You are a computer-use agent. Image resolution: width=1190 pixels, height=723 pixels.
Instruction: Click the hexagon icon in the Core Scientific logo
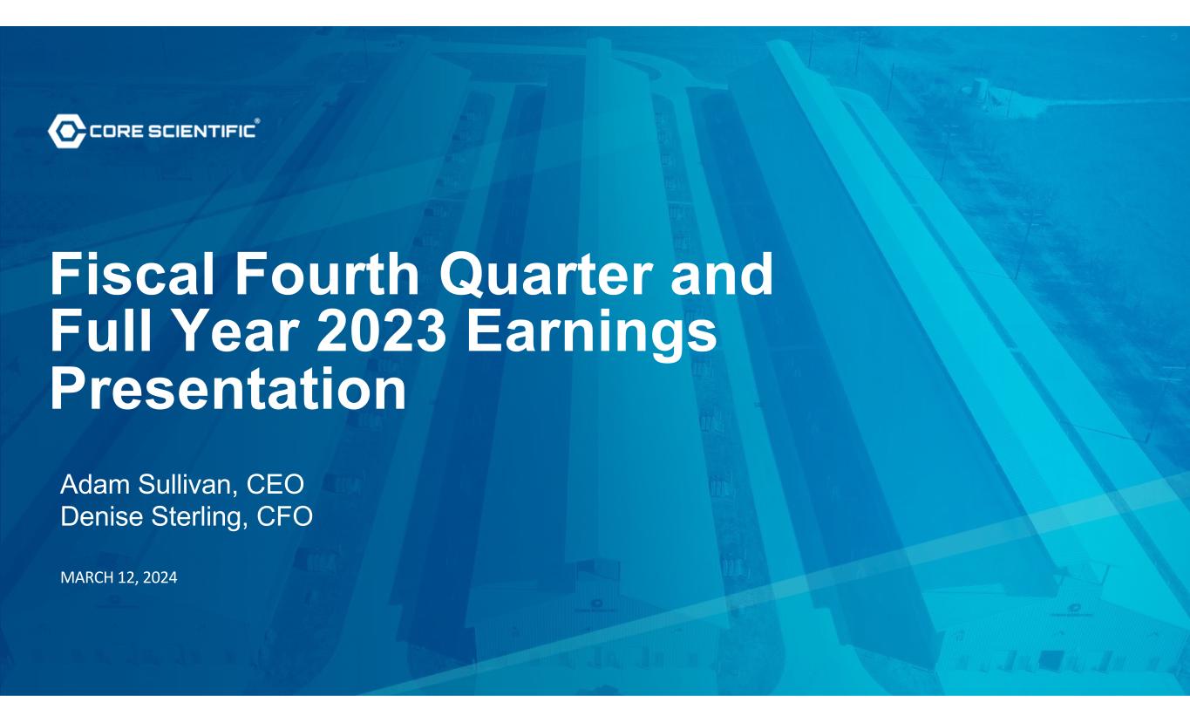tap(66, 130)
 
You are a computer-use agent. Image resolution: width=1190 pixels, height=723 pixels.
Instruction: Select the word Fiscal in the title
tap(133, 275)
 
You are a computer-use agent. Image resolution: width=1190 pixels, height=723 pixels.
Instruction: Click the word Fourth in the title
tap(327, 275)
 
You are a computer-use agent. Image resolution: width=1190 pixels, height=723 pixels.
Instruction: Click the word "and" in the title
tap(722, 275)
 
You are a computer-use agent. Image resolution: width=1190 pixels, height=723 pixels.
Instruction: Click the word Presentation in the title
tap(228, 388)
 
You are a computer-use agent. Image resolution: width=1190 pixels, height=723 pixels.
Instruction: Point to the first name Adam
tap(95, 484)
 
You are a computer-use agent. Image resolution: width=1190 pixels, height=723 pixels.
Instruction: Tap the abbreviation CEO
tap(275, 484)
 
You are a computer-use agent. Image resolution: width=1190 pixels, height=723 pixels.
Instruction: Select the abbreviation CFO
tap(285, 516)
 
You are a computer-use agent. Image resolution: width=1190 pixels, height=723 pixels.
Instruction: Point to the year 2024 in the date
tap(160, 577)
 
